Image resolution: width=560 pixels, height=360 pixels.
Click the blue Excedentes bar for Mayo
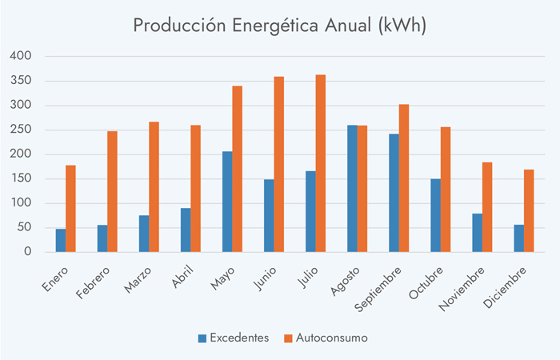(227, 202)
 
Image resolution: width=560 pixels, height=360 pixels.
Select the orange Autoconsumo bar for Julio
(320, 163)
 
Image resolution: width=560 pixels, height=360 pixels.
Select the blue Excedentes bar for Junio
(269, 215)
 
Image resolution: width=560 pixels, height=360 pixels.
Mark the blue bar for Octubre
(435, 215)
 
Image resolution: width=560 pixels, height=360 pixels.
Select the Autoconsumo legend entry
(326, 338)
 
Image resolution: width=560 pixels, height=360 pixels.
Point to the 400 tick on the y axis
(20, 56)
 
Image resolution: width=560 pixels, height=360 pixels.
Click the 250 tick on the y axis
(20, 130)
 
